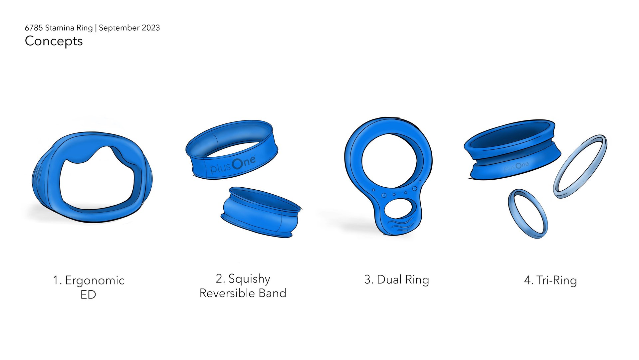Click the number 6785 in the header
(34, 28)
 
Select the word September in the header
(119, 28)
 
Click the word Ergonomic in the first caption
(95, 280)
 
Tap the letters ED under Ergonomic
(88, 294)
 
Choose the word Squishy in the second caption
(249, 279)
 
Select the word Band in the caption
(273, 293)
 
